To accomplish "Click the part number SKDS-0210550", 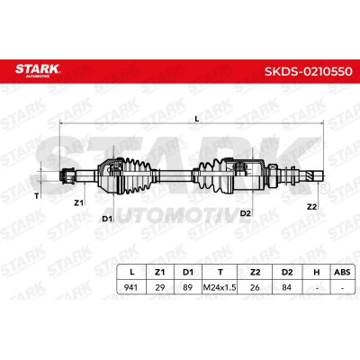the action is pyautogui.click(x=308, y=72).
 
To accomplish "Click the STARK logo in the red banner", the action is pyautogui.click(x=38, y=69).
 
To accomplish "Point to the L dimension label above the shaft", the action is pyautogui.click(x=197, y=119).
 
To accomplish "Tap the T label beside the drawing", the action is pyautogui.click(x=37, y=196).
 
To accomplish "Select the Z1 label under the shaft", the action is pyautogui.click(x=78, y=202).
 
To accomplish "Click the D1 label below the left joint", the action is pyautogui.click(x=107, y=219).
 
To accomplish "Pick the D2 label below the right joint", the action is pyautogui.click(x=245, y=213).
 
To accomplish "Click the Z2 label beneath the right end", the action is pyautogui.click(x=312, y=206).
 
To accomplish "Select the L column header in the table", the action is pyautogui.click(x=131, y=272).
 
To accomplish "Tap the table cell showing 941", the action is pyautogui.click(x=130, y=287).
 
